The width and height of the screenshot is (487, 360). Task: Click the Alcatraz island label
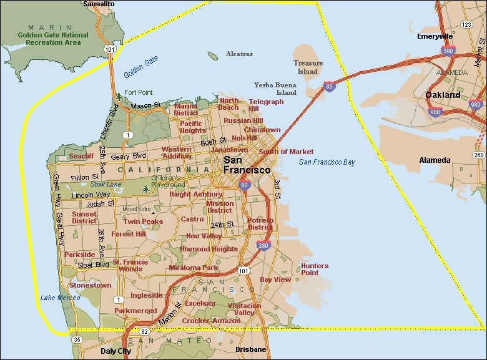tap(239, 54)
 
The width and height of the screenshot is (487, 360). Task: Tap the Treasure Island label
tap(308, 67)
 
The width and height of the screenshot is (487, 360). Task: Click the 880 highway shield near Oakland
tap(435, 112)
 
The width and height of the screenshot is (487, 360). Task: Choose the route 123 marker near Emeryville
tap(466, 24)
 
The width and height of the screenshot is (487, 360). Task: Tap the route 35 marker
tap(77, 339)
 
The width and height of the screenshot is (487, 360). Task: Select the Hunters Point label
tap(314, 269)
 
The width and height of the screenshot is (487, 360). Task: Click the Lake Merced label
tap(61, 298)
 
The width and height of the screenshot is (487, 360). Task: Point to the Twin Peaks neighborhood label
tap(143, 221)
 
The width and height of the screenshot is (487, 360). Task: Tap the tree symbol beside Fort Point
tap(119, 96)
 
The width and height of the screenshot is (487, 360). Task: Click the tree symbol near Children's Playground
tap(145, 188)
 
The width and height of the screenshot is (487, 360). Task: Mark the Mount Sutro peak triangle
tap(152, 213)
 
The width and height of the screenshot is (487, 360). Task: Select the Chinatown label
tap(262, 130)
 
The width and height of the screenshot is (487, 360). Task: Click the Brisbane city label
tap(250, 350)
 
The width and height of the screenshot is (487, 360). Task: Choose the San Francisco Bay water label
tap(327, 162)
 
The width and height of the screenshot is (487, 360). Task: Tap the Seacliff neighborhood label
tap(81, 156)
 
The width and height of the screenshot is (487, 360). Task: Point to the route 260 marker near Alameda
tap(479, 155)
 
